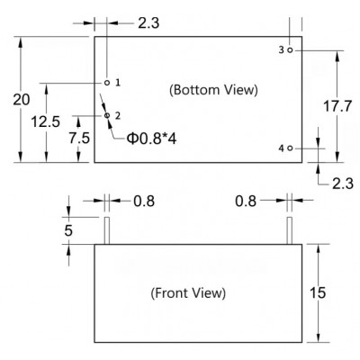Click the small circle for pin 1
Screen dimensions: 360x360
(x=107, y=83)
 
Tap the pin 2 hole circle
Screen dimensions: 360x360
(x=107, y=115)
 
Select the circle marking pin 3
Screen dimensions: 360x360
(x=290, y=50)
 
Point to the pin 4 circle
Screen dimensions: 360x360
(x=290, y=148)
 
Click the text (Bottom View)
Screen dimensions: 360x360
(x=213, y=90)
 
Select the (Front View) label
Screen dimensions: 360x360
(x=188, y=292)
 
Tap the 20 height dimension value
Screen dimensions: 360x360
(x=22, y=100)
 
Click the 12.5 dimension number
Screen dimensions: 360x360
(x=46, y=121)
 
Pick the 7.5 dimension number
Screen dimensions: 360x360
(x=79, y=138)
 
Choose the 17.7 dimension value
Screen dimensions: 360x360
(x=337, y=106)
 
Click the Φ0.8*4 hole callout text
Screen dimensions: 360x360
(x=151, y=139)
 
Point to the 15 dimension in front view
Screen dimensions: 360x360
(x=318, y=292)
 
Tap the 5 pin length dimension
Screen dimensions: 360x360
(x=68, y=230)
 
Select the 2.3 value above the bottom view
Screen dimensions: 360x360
(x=148, y=23)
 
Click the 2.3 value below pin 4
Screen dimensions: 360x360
(x=343, y=184)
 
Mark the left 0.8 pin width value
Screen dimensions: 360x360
(x=144, y=201)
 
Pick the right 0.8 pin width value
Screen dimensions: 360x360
(x=246, y=201)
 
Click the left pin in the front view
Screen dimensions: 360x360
(x=107, y=230)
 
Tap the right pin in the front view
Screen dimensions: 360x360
(x=290, y=230)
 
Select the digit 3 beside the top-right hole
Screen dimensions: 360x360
(x=281, y=50)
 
